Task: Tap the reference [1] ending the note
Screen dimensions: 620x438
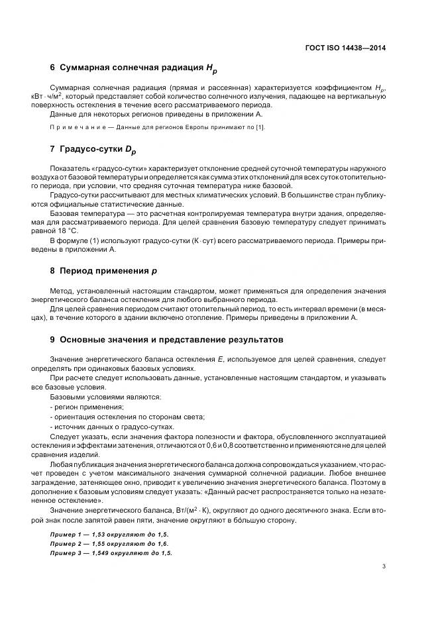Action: click(x=260, y=127)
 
